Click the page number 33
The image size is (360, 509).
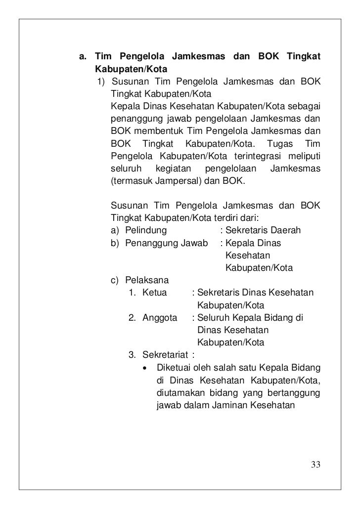[x=316, y=465]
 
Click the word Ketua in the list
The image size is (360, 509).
[x=155, y=293]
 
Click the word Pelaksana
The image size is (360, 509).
[x=147, y=281]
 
